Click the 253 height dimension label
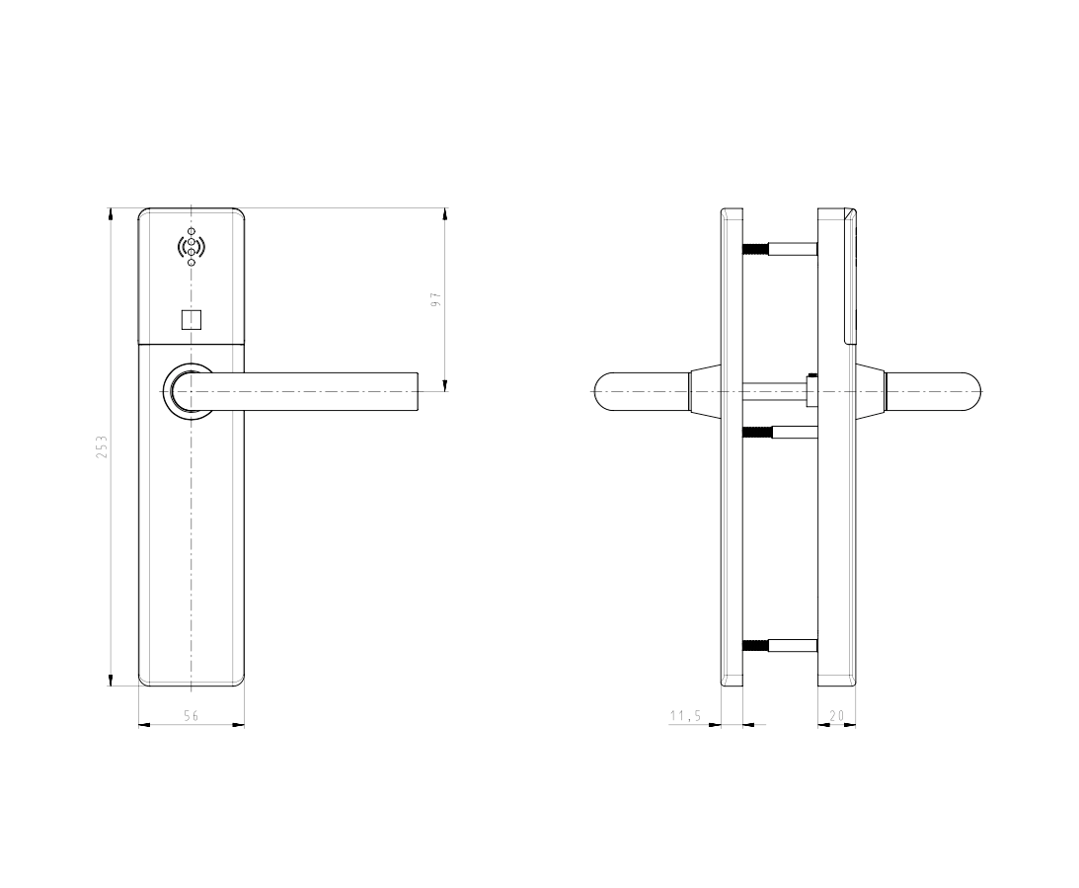(102, 446)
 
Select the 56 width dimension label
(192, 716)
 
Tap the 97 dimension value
(435, 299)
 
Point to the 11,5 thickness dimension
(685, 716)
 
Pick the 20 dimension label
(837, 716)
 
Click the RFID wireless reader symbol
(192, 246)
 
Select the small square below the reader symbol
(192, 320)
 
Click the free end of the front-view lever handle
(418, 391)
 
